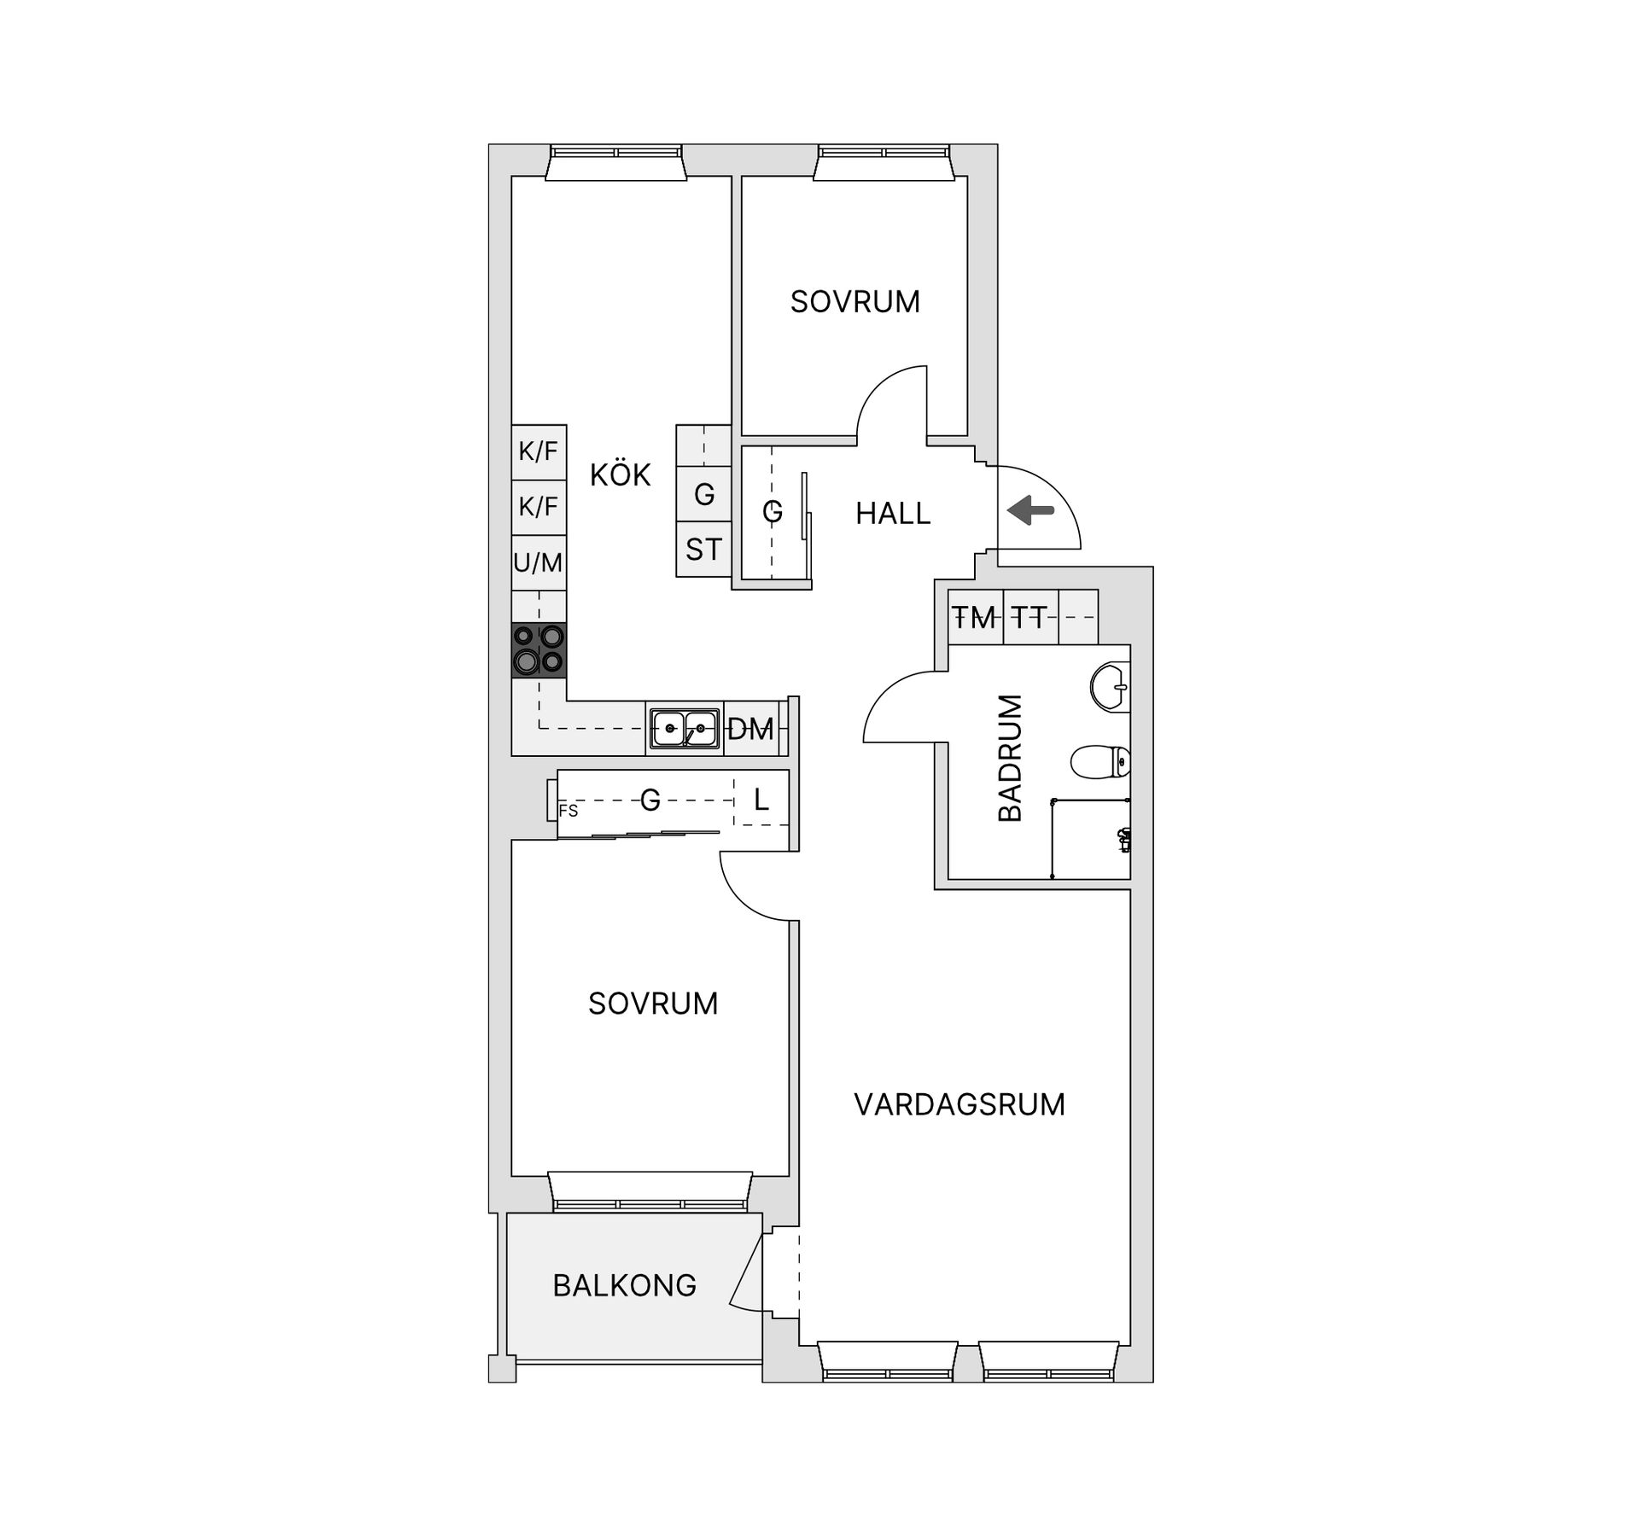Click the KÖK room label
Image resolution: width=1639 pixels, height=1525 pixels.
tap(620, 474)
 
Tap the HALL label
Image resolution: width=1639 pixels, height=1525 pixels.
tap(893, 514)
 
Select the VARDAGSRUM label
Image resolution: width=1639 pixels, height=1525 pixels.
tap(959, 1104)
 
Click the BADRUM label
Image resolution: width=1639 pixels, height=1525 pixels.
tap(1010, 758)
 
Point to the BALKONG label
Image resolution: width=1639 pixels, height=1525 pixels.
tap(625, 1285)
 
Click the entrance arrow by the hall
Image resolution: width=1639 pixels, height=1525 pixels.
tap(1031, 511)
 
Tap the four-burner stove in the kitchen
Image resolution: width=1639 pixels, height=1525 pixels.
tap(539, 651)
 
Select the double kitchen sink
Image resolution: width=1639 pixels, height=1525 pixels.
tap(685, 729)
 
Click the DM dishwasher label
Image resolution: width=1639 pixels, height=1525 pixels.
tap(750, 730)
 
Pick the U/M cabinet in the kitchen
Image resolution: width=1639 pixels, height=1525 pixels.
tap(539, 562)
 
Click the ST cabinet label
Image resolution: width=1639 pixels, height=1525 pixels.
tap(703, 550)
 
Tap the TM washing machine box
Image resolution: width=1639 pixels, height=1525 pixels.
tap(975, 617)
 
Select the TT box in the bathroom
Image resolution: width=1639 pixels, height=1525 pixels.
tap(1030, 617)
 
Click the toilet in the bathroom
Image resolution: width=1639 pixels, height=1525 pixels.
tap(1101, 762)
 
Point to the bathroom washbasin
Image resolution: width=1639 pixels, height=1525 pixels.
tap(1111, 687)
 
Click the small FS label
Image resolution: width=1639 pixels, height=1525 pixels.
tap(569, 812)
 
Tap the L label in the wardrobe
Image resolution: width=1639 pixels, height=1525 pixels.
tap(761, 800)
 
